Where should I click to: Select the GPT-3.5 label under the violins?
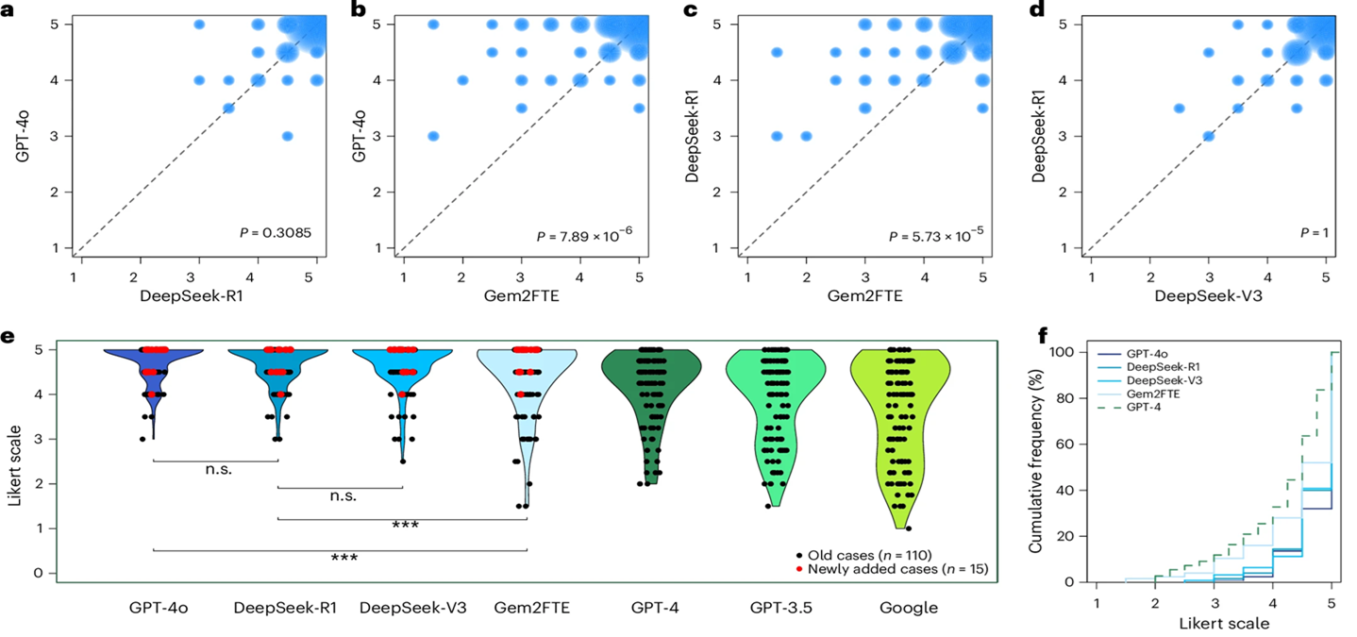click(776, 609)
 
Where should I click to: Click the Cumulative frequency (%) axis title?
click(1036, 465)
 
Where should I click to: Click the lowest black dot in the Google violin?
click(908, 528)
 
